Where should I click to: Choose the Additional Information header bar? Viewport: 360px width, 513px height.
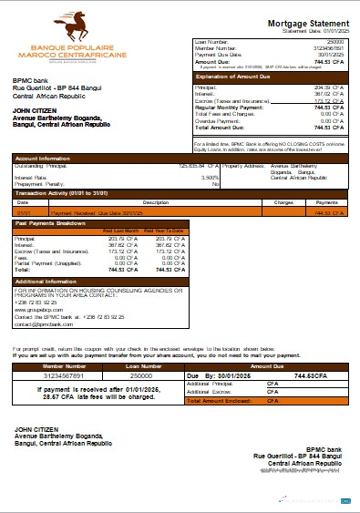click(x=48, y=281)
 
